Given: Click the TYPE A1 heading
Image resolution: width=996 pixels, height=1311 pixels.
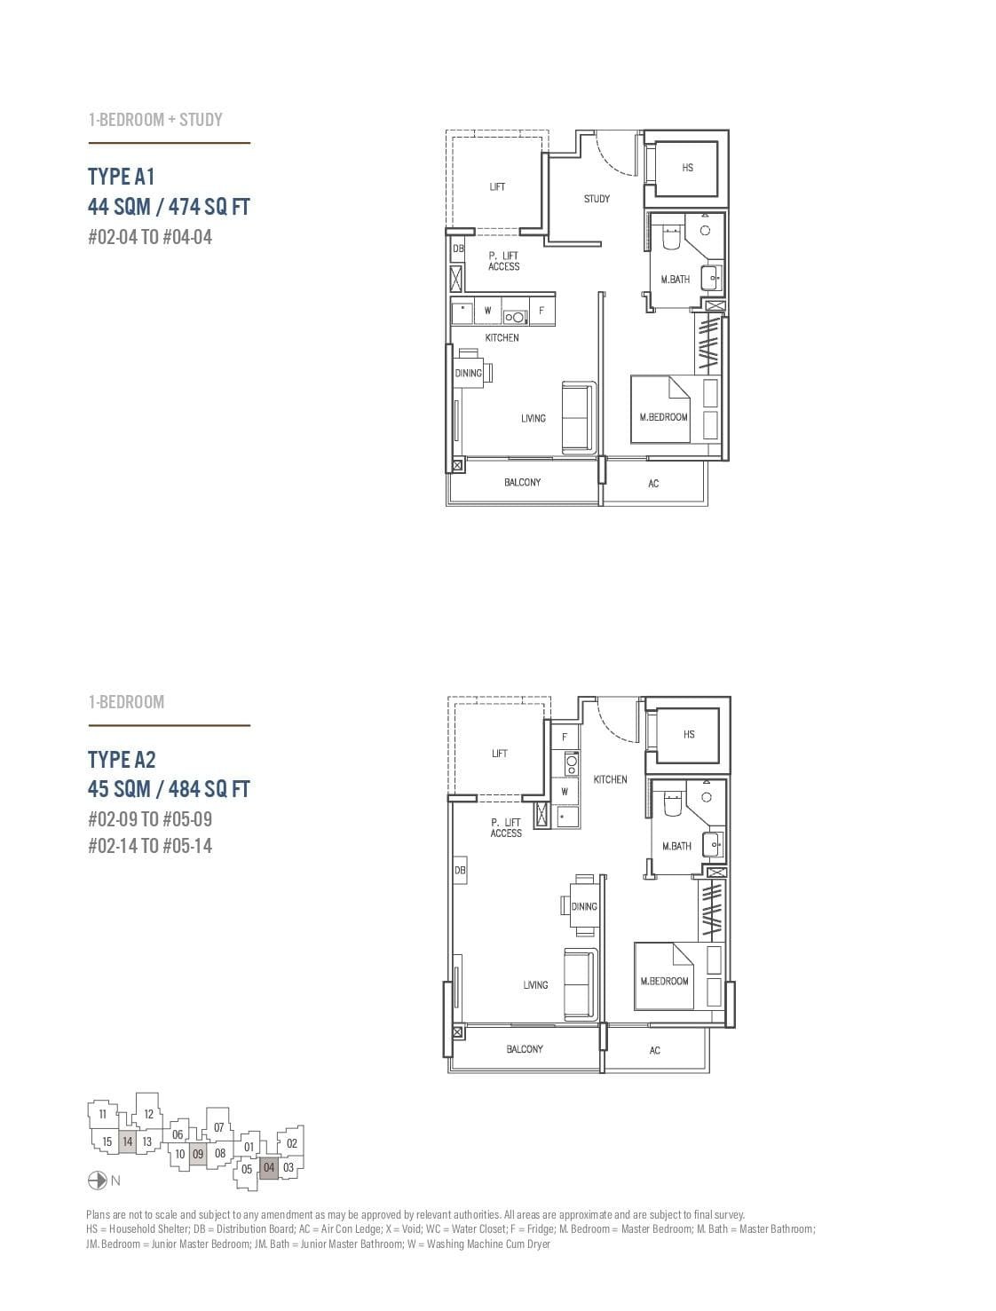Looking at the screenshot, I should [121, 176].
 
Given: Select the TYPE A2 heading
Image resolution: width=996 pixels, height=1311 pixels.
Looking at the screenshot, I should [122, 759].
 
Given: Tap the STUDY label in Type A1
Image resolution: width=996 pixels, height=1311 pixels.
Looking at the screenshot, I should [597, 199].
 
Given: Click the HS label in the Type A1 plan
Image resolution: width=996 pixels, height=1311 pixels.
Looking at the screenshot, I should [687, 168].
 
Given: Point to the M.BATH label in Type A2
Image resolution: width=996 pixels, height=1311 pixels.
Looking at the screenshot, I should [676, 846].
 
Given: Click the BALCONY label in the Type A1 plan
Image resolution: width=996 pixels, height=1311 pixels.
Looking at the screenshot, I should [522, 482].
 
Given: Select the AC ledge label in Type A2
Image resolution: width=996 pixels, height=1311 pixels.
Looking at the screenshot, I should [654, 1050].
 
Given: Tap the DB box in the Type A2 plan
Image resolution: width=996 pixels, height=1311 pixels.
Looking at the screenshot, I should [460, 871].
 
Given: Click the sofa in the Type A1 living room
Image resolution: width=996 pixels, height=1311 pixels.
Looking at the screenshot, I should [578, 417].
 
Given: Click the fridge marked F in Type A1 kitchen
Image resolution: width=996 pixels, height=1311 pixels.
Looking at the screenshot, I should [541, 312].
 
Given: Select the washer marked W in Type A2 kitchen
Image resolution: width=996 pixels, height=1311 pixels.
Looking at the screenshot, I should [565, 791].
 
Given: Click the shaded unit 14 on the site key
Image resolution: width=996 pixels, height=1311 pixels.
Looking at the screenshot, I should [128, 1141].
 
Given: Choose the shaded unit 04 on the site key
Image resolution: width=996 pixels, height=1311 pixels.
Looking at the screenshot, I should [269, 1168].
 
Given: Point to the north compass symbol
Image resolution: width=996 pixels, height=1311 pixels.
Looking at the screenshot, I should [98, 1181].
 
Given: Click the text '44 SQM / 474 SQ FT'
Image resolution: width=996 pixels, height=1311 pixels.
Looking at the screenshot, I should [169, 207].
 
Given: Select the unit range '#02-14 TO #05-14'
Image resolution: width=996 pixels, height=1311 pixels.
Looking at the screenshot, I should [150, 846].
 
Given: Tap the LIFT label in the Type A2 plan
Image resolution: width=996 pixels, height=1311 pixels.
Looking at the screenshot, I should [500, 754].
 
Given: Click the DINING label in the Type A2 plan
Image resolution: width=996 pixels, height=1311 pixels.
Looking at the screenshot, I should [584, 906].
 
